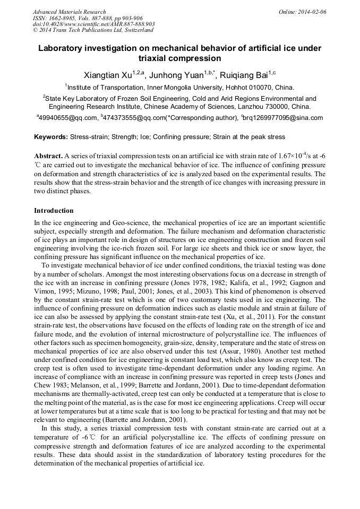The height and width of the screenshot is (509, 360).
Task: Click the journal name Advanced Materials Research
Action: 70,12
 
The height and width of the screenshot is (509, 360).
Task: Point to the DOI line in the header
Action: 93,24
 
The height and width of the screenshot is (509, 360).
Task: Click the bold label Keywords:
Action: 51,137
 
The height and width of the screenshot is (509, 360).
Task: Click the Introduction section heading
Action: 54,211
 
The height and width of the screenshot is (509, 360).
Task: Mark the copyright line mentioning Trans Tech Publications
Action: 93,30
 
